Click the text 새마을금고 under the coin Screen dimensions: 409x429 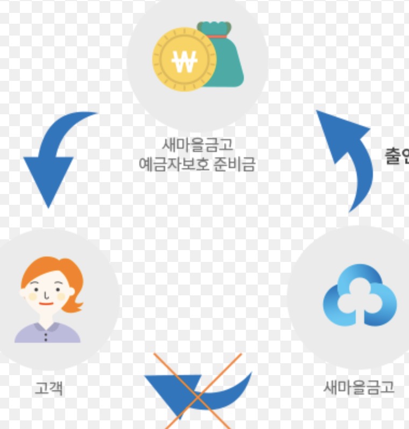[x=198, y=145]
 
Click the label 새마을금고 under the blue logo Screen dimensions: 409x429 [x=359, y=387]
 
